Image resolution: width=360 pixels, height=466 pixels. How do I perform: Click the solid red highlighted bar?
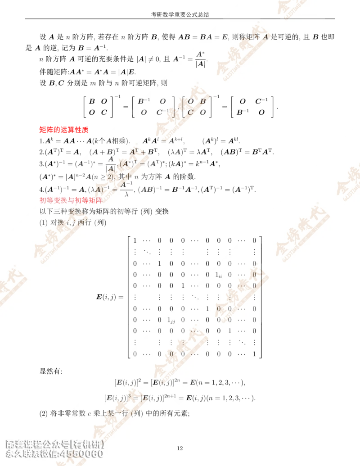(63, 130)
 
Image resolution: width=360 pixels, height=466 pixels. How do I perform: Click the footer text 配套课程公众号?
(36, 443)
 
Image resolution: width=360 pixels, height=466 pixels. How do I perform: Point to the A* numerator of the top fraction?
(200, 54)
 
